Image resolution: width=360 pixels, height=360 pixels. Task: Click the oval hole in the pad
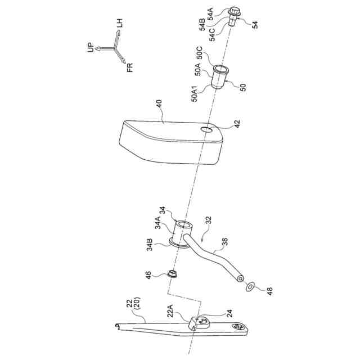(207, 130)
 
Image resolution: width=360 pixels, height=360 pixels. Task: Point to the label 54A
(211, 11)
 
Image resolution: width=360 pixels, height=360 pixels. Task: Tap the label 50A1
(194, 93)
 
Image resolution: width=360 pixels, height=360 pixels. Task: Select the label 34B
(150, 246)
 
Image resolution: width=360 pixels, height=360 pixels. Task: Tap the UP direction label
(91, 48)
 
